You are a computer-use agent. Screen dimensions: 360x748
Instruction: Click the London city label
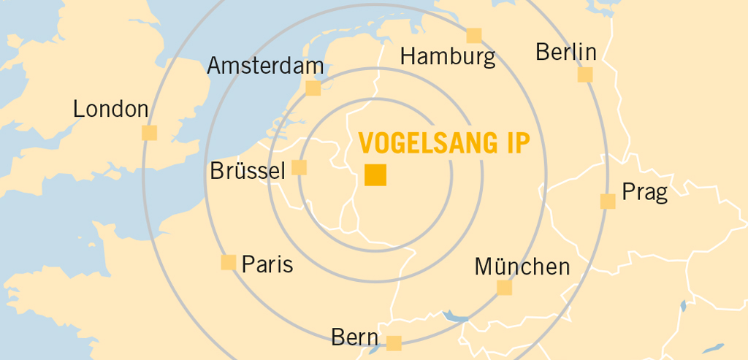coord(111,110)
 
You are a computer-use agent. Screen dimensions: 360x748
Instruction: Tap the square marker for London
coord(149,132)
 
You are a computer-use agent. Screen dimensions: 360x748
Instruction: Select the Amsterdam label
coord(265,66)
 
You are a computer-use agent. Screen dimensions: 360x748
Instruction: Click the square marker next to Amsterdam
coord(313,88)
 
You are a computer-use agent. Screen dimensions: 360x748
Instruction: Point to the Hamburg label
coord(448,56)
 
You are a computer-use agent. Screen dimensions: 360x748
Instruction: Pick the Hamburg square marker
coord(474,35)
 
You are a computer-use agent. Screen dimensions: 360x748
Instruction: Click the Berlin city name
coord(566,53)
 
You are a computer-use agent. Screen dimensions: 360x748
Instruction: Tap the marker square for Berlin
coord(585,74)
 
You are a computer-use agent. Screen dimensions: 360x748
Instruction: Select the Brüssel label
coord(247,172)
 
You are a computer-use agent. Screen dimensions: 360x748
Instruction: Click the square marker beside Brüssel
coord(299,167)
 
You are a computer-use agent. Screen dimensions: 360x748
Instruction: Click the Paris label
coord(267,264)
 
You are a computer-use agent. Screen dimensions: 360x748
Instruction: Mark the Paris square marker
coord(229,262)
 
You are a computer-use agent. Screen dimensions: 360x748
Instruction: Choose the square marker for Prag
coord(608,201)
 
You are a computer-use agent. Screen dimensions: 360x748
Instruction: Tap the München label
coord(522,267)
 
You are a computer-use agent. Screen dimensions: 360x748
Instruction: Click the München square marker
coord(505,288)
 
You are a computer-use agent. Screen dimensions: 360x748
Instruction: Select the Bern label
coord(355,337)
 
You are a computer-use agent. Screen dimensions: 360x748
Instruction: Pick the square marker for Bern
coord(394,342)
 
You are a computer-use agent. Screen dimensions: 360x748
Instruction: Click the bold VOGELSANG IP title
coord(443,143)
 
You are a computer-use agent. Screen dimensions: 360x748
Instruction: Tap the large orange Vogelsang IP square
coord(375,175)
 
